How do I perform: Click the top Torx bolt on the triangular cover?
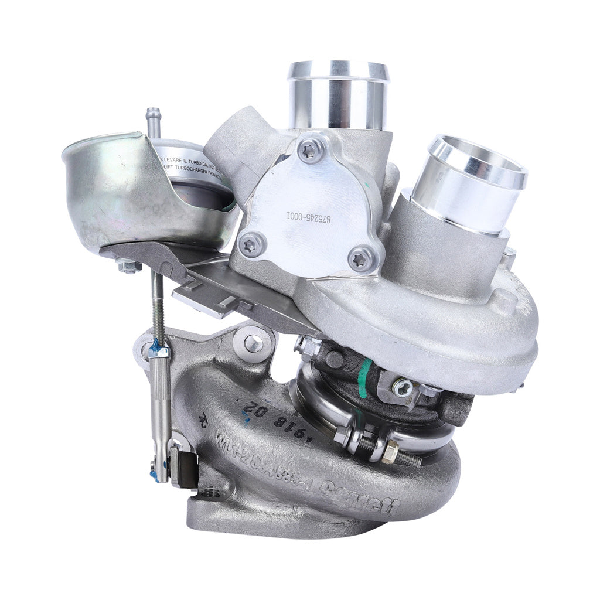pos(310,150)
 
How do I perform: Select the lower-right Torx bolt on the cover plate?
pos(360,258)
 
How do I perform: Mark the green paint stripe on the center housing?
pos(364,378)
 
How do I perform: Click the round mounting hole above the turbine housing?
pos(253,343)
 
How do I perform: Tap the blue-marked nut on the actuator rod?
pos(157,351)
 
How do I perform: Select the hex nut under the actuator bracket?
pos(128,267)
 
